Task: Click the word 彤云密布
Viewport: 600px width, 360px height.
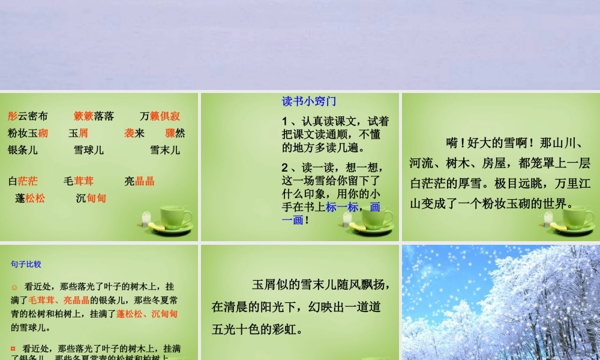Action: point(28,116)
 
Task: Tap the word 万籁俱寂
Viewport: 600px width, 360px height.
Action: point(160,116)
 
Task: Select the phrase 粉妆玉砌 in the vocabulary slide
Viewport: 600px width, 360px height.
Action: point(28,133)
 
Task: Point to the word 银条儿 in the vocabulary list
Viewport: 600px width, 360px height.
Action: point(23,150)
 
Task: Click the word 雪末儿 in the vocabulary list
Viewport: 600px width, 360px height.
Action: point(165,150)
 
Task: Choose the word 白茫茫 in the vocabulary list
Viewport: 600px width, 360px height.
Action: point(23,181)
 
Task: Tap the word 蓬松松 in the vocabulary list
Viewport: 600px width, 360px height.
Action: point(30,198)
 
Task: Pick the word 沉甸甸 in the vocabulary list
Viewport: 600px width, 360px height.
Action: point(91,198)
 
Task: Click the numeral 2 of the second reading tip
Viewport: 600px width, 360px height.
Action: point(285,167)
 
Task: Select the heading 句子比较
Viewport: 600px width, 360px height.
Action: point(26,264)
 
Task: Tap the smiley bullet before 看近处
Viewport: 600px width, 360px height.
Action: point(14,287)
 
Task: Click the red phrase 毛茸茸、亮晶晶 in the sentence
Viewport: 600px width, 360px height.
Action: point(59,300)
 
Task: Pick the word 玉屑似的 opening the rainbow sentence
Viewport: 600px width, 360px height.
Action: point(274,284)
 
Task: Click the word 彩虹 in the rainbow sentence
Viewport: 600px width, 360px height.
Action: point(292,329)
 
